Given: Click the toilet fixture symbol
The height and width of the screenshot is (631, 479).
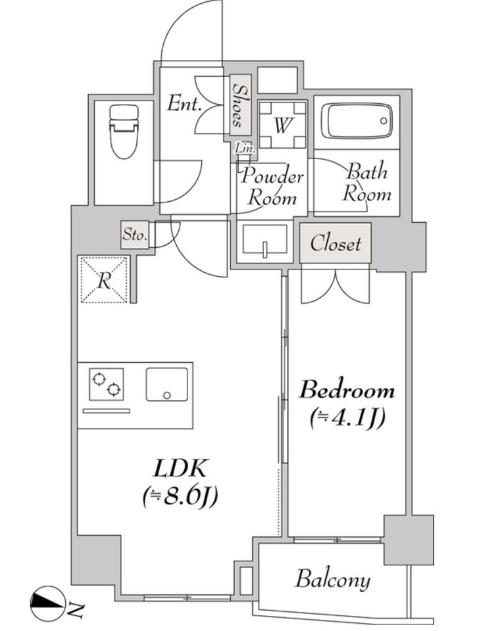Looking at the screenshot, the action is click(x=124, y=131).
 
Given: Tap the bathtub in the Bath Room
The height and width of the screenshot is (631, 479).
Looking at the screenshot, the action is click(x=356, y=121).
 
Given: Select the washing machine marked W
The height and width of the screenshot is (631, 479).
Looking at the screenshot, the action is click(x=282, y=125).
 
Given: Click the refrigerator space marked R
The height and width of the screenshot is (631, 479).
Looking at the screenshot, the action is click(x=104, y=280).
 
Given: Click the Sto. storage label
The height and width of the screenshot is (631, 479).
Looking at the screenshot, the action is click(x=135, y=235).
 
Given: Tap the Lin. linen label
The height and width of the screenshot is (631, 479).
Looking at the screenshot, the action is click(x=245, y=149).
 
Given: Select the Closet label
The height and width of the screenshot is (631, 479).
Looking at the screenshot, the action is click(x=335, y=243).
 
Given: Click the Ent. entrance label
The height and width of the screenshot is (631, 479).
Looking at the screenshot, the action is click(x=184, y=105).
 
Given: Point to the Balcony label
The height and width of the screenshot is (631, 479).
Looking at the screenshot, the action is click(x=333, y=580).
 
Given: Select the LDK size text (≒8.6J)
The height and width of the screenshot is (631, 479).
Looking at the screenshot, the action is click(x=180, y=497).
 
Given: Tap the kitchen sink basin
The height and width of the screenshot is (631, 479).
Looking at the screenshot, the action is click(x=166, y=385).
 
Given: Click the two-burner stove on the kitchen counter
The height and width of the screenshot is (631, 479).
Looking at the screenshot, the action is click(x=107, y=385).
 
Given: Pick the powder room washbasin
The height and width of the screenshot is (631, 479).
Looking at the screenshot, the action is click(x=265, y=241).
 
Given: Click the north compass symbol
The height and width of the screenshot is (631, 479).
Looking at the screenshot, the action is click(x=47, y=603).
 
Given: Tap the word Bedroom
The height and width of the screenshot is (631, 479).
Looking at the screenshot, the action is click(x=347, y=390).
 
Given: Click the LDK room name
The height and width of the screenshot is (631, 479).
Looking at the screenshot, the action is click(x=180, y=469).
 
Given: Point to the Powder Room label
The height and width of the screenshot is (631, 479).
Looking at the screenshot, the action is click(x=272, y=187).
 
